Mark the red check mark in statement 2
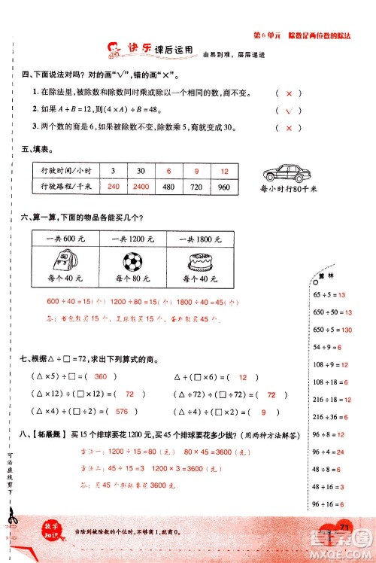[289, 111]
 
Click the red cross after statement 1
[289, 93]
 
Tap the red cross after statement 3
[289, 128]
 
